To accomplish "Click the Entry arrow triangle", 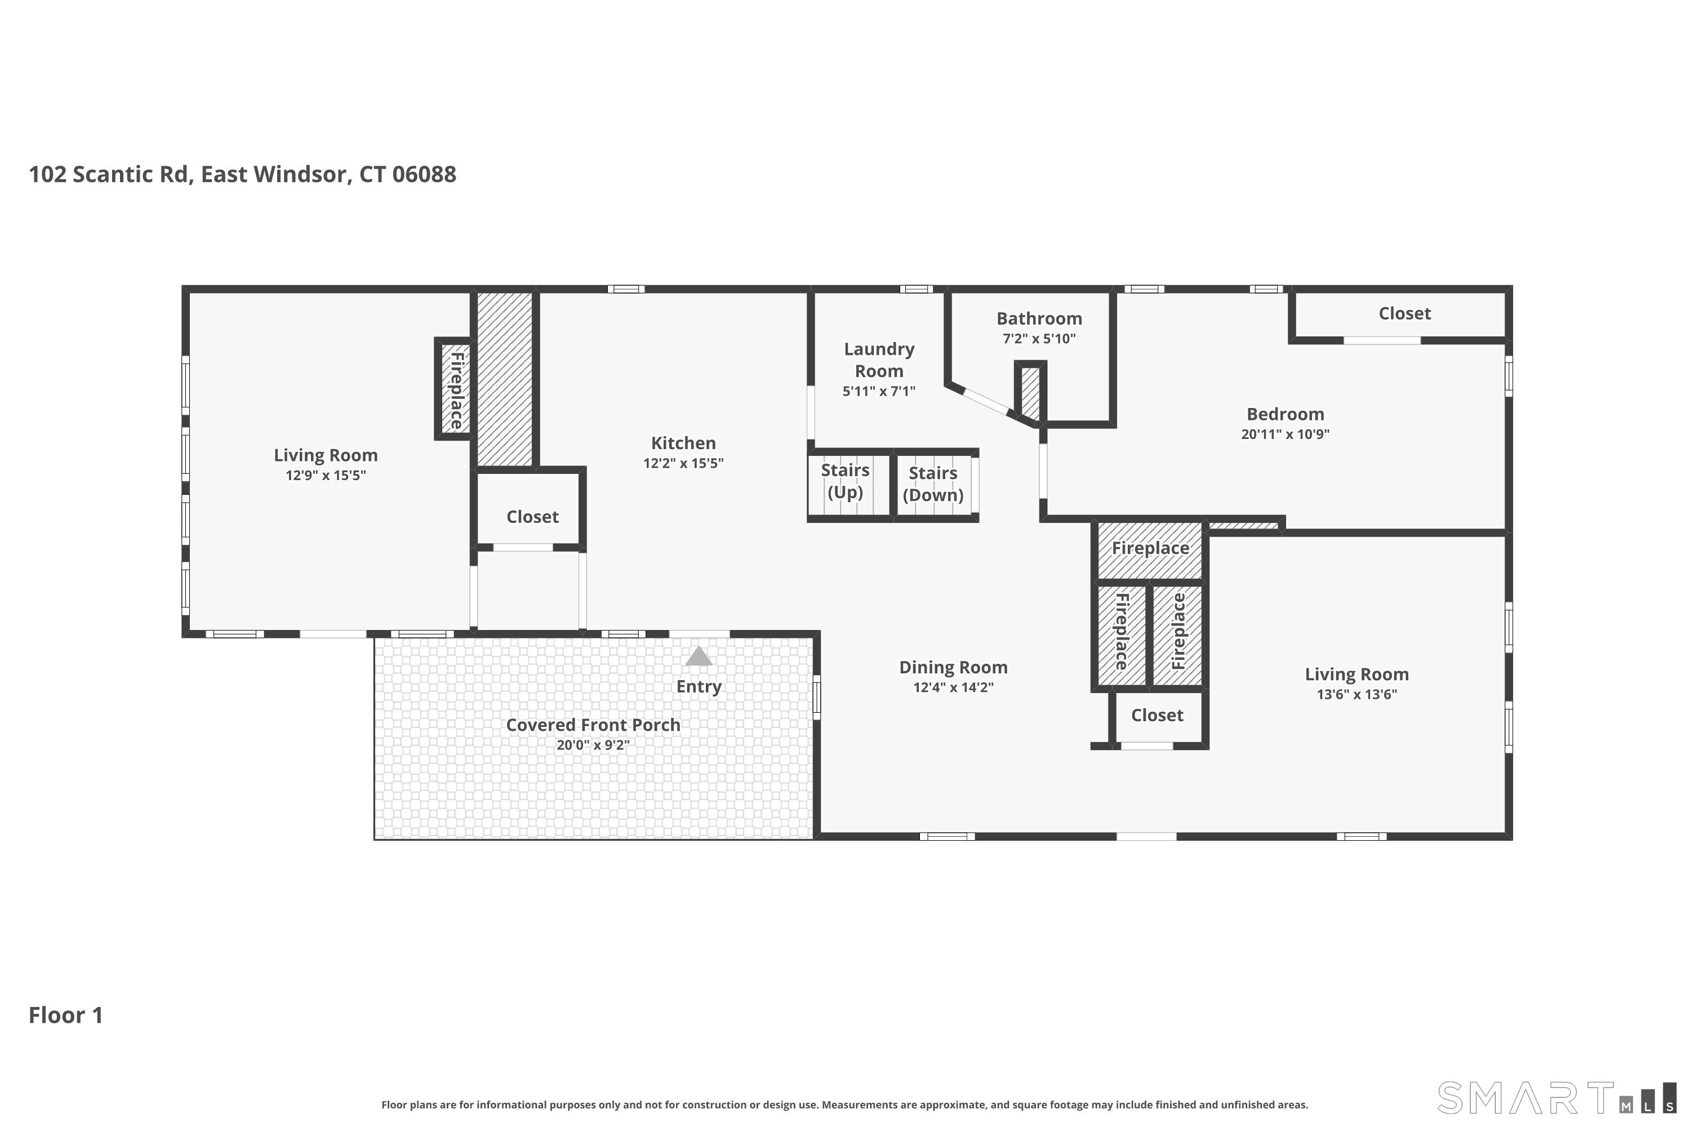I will pyautogui.click(x=699, y=656).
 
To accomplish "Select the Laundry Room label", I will pyautogui.click(x=879, y=360).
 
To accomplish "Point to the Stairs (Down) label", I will pyautogui.click(x=933, y=483).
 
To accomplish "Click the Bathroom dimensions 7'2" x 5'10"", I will pyautogui.click(x=1039, y=339).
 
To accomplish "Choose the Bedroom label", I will pyautogui.click(x=1285, y=414).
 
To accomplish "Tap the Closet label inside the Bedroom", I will pyautogui.click(x=1404, y=314).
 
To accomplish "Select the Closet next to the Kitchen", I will pyautogui.click(x=532, y=517).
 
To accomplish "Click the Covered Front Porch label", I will pyautogui.click(x=593, y=725).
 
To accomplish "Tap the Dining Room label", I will pyautogui.click(x=953, y=668).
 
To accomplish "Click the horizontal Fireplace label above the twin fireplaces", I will pyautogui.click(x=1150, y=548).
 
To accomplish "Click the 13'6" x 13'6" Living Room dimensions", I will pyautogui.click(x=1356, y=694).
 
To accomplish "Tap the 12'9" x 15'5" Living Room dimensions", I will pyautogui.click(x=326, y=475).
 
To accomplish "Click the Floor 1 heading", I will pyautogui.click(x=65, y=1015).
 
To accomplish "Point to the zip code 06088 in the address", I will pyautogui.click(x=424, y=175).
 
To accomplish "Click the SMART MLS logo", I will pyautogui.click(x=1555, y=1098).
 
